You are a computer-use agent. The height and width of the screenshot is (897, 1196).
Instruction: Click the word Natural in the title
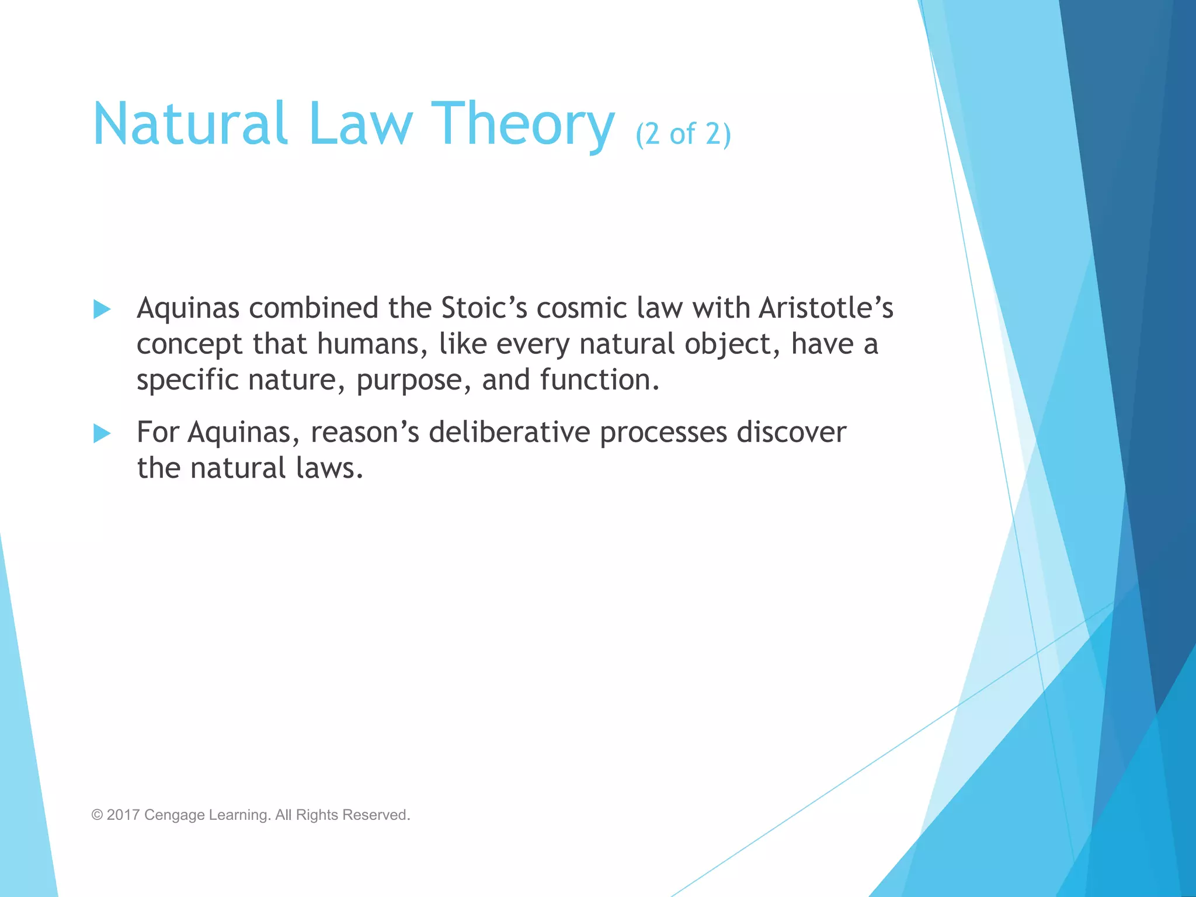tap(190, 124)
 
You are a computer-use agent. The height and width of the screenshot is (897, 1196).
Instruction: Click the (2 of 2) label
tap(683, 134)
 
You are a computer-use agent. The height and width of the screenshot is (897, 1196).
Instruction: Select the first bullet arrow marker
tap(102, 309)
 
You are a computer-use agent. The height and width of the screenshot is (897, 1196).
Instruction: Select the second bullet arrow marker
tap(102, 433)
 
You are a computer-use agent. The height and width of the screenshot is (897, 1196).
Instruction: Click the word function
tap(599, 380)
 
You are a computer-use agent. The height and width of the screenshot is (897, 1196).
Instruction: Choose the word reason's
tap(364, 433)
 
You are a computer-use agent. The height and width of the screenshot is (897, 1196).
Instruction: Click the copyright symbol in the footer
tap(97, 815)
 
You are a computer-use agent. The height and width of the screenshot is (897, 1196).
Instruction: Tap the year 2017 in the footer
tap(123, 815)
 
